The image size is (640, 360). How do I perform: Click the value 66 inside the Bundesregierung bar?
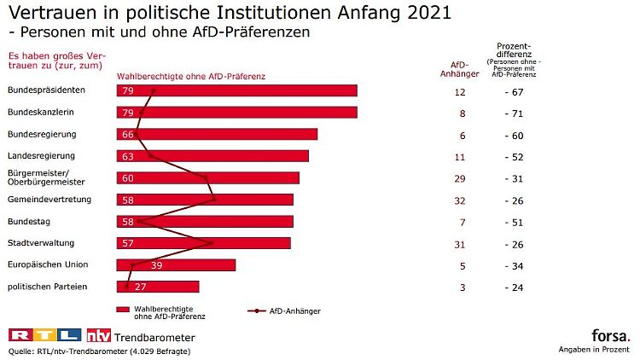click(x=129, y=134)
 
